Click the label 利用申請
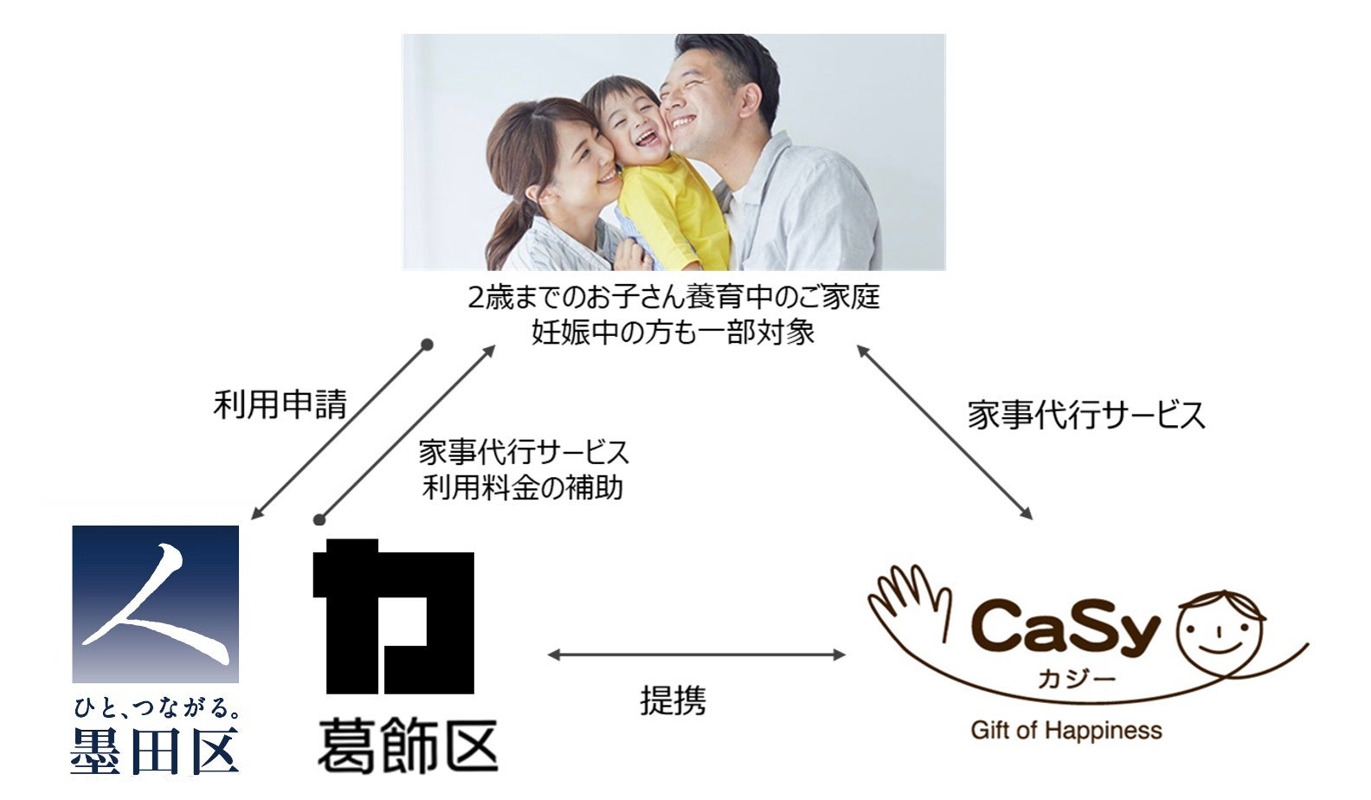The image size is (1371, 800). [x=280, y=404]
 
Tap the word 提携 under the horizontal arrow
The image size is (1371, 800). [x=673, y=700]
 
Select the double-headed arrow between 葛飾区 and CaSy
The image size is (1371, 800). [x=697, y=655]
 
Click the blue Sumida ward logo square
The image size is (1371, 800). [x=156, y=603]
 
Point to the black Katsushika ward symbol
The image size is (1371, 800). [x=394, y=617]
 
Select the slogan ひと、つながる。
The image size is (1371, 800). [x=156, y=710]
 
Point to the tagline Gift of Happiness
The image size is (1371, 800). [x=1066, y=730]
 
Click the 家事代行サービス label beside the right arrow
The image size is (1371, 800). [x=1085, y=416]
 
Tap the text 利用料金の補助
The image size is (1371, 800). [x=523, y=487]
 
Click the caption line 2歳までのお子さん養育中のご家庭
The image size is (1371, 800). [x=673, y=298]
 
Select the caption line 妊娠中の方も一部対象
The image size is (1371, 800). [x=673, y=332]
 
